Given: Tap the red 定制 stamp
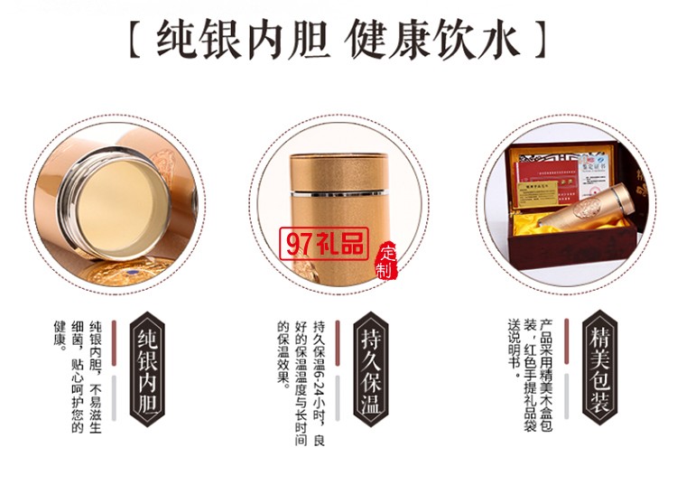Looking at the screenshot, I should [x=387, y=261].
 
